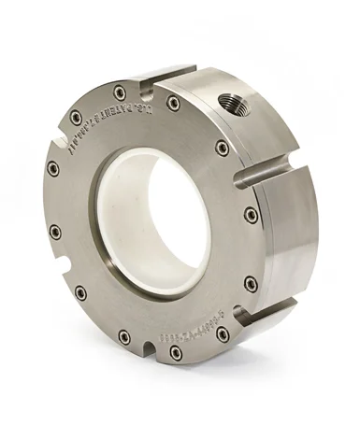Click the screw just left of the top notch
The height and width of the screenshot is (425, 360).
click(120, 92)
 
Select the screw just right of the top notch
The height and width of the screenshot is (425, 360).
click(174, 103)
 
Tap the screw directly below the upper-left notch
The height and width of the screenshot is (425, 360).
click(53, 168)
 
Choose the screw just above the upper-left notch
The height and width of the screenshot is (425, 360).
click(76, 118)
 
